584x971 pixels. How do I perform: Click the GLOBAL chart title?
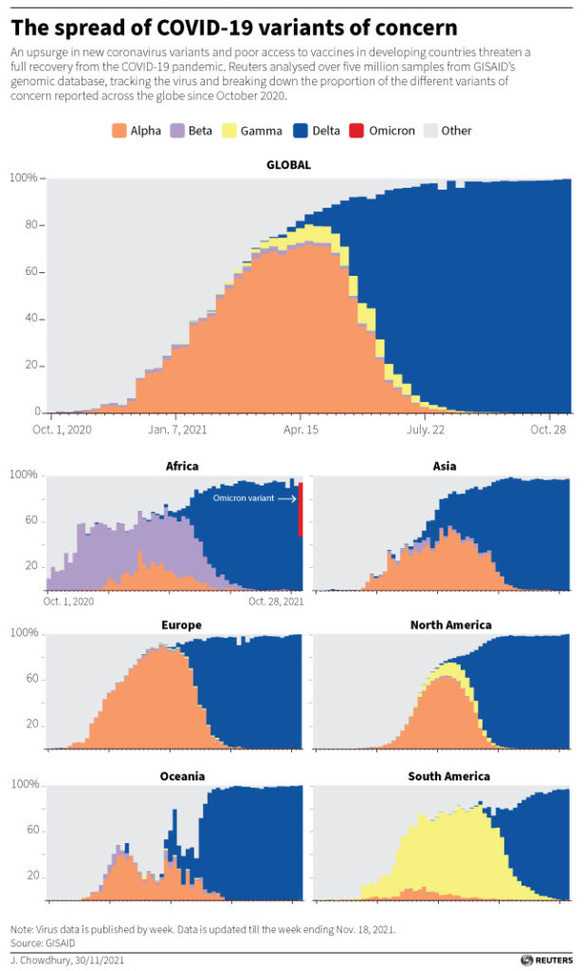click(x=288, y=165)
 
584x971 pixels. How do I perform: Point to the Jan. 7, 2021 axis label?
click(x=177, y=430)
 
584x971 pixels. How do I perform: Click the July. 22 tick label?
click(x=426, y=430)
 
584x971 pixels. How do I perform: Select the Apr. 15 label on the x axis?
click(x=300, y=430)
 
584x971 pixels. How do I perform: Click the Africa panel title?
click(x=181, y=467)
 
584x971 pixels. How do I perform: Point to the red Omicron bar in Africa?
click(x=301, y=508)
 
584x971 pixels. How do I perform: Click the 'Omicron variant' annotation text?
click(x=242, y=495)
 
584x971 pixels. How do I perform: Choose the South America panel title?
click(x=448, y=777)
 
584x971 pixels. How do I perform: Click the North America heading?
click(x=450, y=625)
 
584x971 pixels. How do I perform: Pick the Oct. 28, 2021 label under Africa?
click(x=276, y=601)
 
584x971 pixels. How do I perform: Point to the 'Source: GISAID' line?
click(x=42, y=943)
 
